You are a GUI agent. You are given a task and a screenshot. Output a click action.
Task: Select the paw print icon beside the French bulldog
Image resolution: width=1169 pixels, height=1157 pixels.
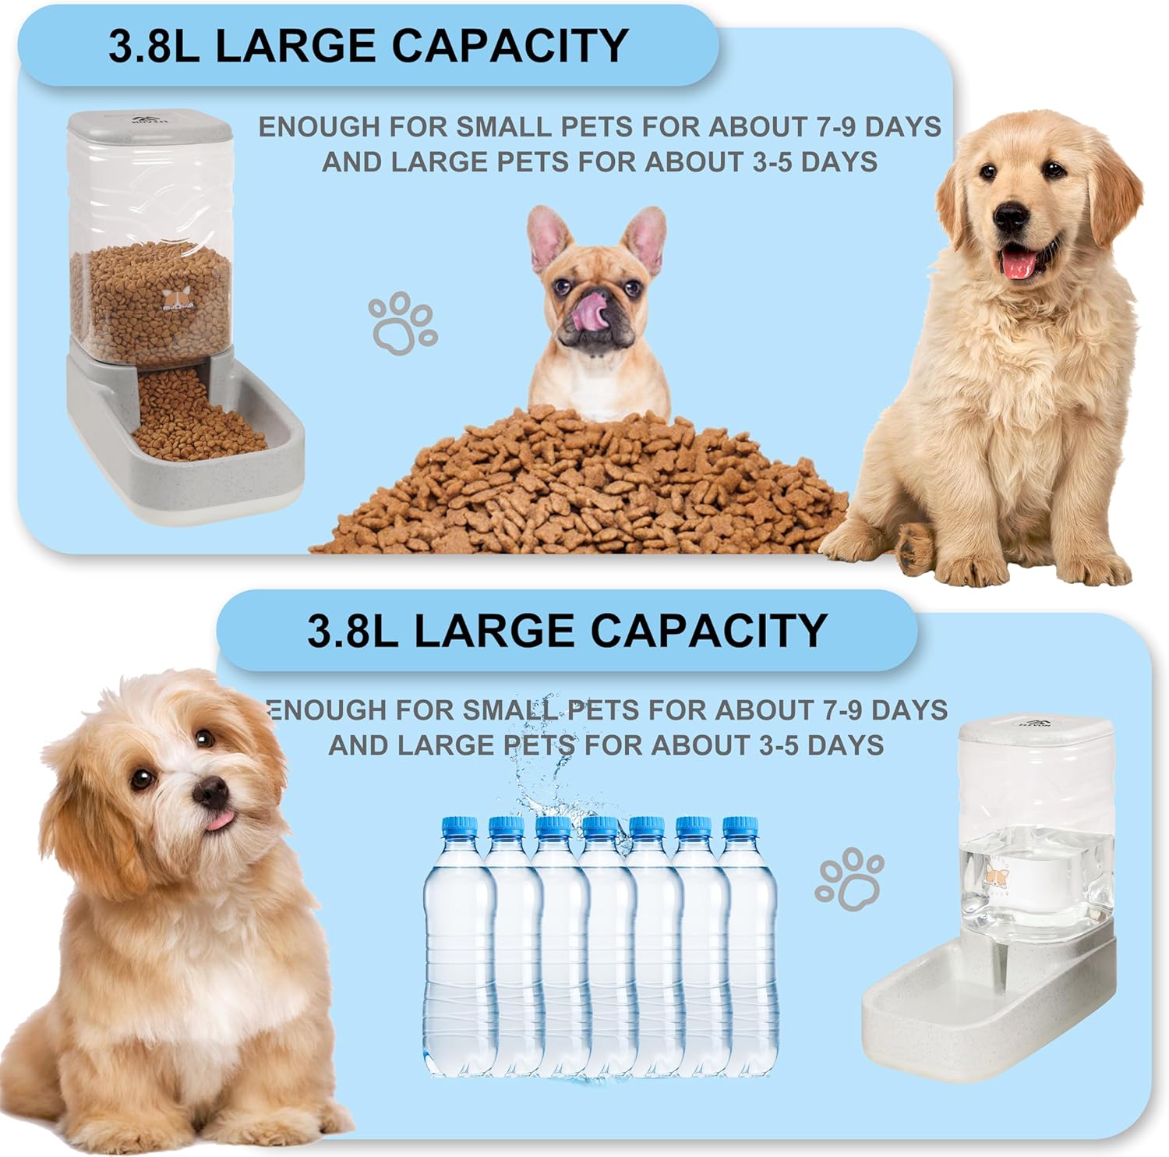click(x=403, y=324)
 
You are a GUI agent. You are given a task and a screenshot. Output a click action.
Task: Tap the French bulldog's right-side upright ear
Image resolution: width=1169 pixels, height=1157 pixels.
click(x=645, y=238)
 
